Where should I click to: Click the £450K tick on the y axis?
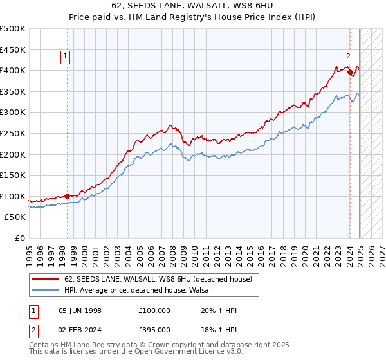click(13, 50)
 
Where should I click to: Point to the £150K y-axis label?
click(13, 175)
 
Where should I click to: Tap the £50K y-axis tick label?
click(15, 217)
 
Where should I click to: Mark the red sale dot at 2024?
click(351, 73)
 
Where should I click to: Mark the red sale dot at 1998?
click(67, 196)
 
